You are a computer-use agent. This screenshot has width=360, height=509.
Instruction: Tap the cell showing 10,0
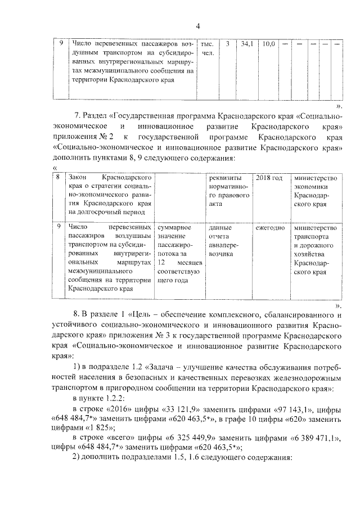[x=269, y=43]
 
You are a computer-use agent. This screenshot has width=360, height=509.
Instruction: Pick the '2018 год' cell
[x=269, y=178]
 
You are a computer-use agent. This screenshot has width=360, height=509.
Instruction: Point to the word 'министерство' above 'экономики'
[x=312, y=178]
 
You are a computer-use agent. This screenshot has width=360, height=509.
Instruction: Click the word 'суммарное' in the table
[x=175, y=228]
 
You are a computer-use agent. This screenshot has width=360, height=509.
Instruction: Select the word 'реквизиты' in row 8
[x=224, y=178]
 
